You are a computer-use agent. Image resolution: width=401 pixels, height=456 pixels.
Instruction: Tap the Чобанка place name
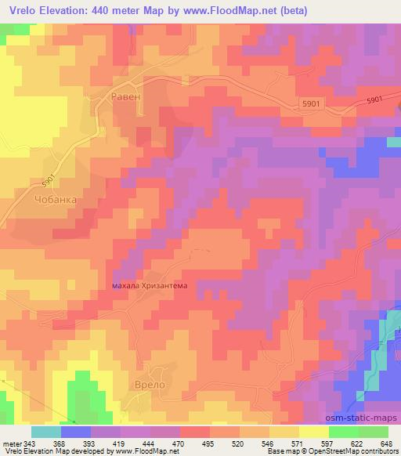(56, 199)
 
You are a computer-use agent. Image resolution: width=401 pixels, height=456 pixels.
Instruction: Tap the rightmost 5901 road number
(375, 99)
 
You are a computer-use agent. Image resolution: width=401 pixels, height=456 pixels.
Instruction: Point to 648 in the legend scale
(385, 443)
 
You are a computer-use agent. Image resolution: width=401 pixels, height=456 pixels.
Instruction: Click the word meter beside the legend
(13, 443)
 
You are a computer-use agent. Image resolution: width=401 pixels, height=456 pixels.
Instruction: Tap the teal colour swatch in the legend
(46, 432)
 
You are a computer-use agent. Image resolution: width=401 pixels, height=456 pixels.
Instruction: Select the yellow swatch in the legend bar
(314, 432)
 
